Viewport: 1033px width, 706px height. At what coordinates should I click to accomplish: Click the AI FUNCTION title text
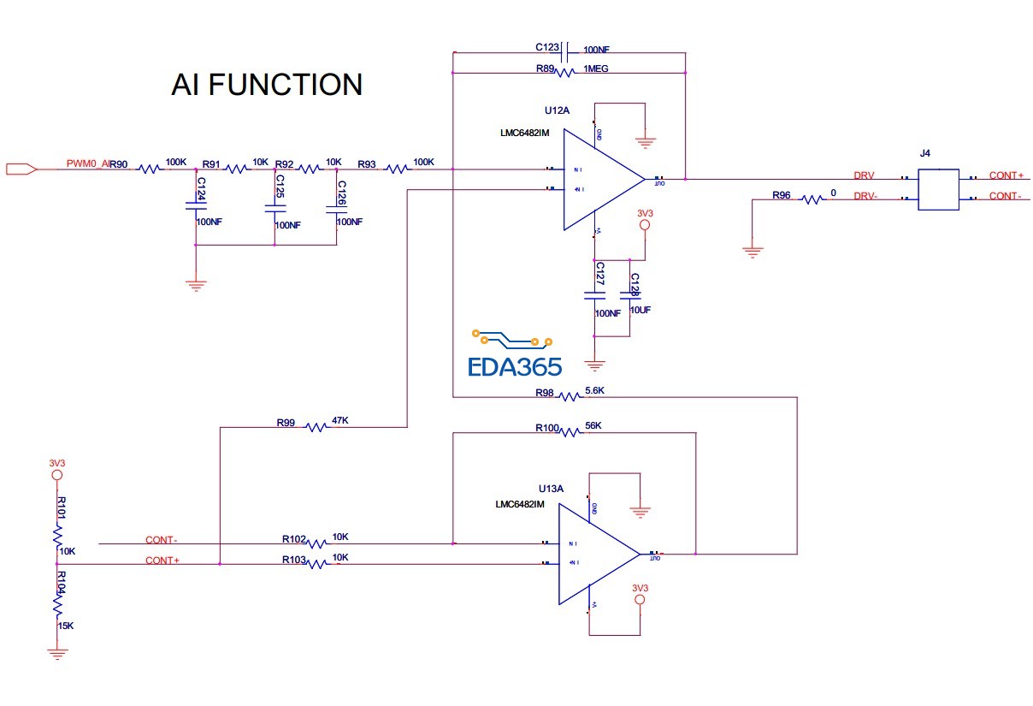pyautogui.click(x=267, y=85)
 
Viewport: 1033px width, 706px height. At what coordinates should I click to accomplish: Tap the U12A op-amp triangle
pyautogui.click(x=599, y=179)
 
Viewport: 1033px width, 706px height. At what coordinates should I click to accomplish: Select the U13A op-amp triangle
pyautogui.click(x=595, y=554)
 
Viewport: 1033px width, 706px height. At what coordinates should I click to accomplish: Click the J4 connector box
pyautogui.click(x=937, y=189)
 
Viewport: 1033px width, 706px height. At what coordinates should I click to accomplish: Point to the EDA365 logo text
pyautogui.click(x=515, y=367)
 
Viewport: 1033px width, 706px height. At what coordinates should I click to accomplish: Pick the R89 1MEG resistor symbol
pyautogui.click(x=564, y=74)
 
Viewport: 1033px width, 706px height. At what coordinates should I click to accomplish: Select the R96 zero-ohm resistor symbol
pyautogui.click(x=811, y=199)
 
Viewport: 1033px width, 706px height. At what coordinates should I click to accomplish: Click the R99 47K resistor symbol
pyautogui.click(x=316, y=426)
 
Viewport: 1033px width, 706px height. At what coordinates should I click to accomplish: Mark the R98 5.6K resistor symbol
pyautogui.click(x=570, y=396)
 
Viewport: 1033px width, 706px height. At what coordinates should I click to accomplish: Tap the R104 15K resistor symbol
pyautogui.click(x=57, y=606)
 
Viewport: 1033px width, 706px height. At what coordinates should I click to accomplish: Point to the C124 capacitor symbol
pyautogui.click(x=196, y=205)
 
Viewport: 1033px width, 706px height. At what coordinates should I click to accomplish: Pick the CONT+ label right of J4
pyautogui.click(x=1006, y=175)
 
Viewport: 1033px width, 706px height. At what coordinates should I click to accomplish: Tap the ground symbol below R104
pyautogui.click(x=57, y=654)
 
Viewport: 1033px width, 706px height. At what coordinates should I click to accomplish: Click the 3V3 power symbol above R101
pyautogui.click(x=56, y=473)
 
